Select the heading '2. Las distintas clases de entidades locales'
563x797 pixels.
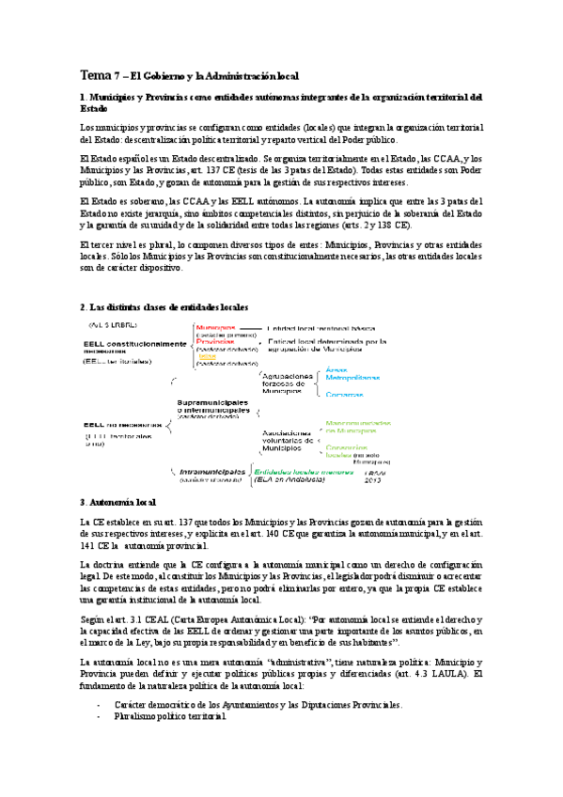(x=164, y=307)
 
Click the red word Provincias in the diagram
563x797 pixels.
(x=216, y=341)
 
